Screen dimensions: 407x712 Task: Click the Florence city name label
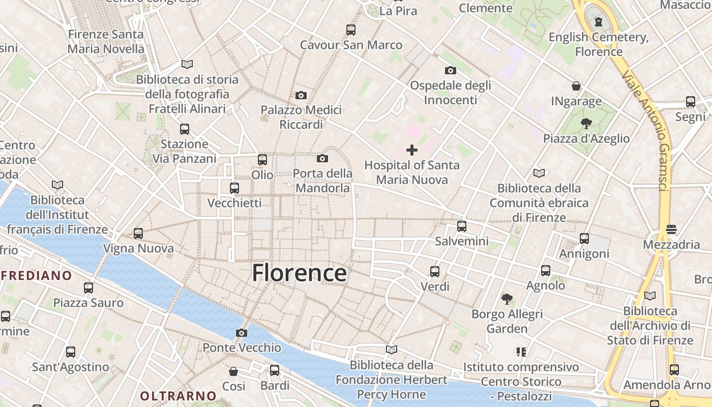300,273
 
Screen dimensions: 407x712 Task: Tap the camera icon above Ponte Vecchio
242,333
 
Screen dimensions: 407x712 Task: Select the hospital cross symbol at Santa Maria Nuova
412,150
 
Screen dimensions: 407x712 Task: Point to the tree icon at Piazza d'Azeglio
586,123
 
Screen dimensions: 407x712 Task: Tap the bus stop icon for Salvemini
461,226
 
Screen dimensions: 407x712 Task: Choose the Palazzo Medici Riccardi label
301,117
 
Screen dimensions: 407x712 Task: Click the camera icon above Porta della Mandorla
322,158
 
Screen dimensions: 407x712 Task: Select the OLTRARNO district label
178,396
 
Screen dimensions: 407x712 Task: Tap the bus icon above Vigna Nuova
138,234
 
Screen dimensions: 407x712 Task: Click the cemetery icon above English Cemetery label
599,22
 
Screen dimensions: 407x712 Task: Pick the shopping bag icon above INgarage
576,86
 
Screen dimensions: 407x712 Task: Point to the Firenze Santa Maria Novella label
106,42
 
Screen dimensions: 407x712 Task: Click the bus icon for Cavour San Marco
350,30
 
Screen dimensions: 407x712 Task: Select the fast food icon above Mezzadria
671,229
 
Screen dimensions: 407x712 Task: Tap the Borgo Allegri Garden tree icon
507,299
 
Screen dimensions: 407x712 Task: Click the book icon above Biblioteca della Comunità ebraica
539,173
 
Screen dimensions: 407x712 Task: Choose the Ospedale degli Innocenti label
451,92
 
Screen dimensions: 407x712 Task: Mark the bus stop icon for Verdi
434,271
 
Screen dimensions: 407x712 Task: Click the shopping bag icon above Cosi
233,371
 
